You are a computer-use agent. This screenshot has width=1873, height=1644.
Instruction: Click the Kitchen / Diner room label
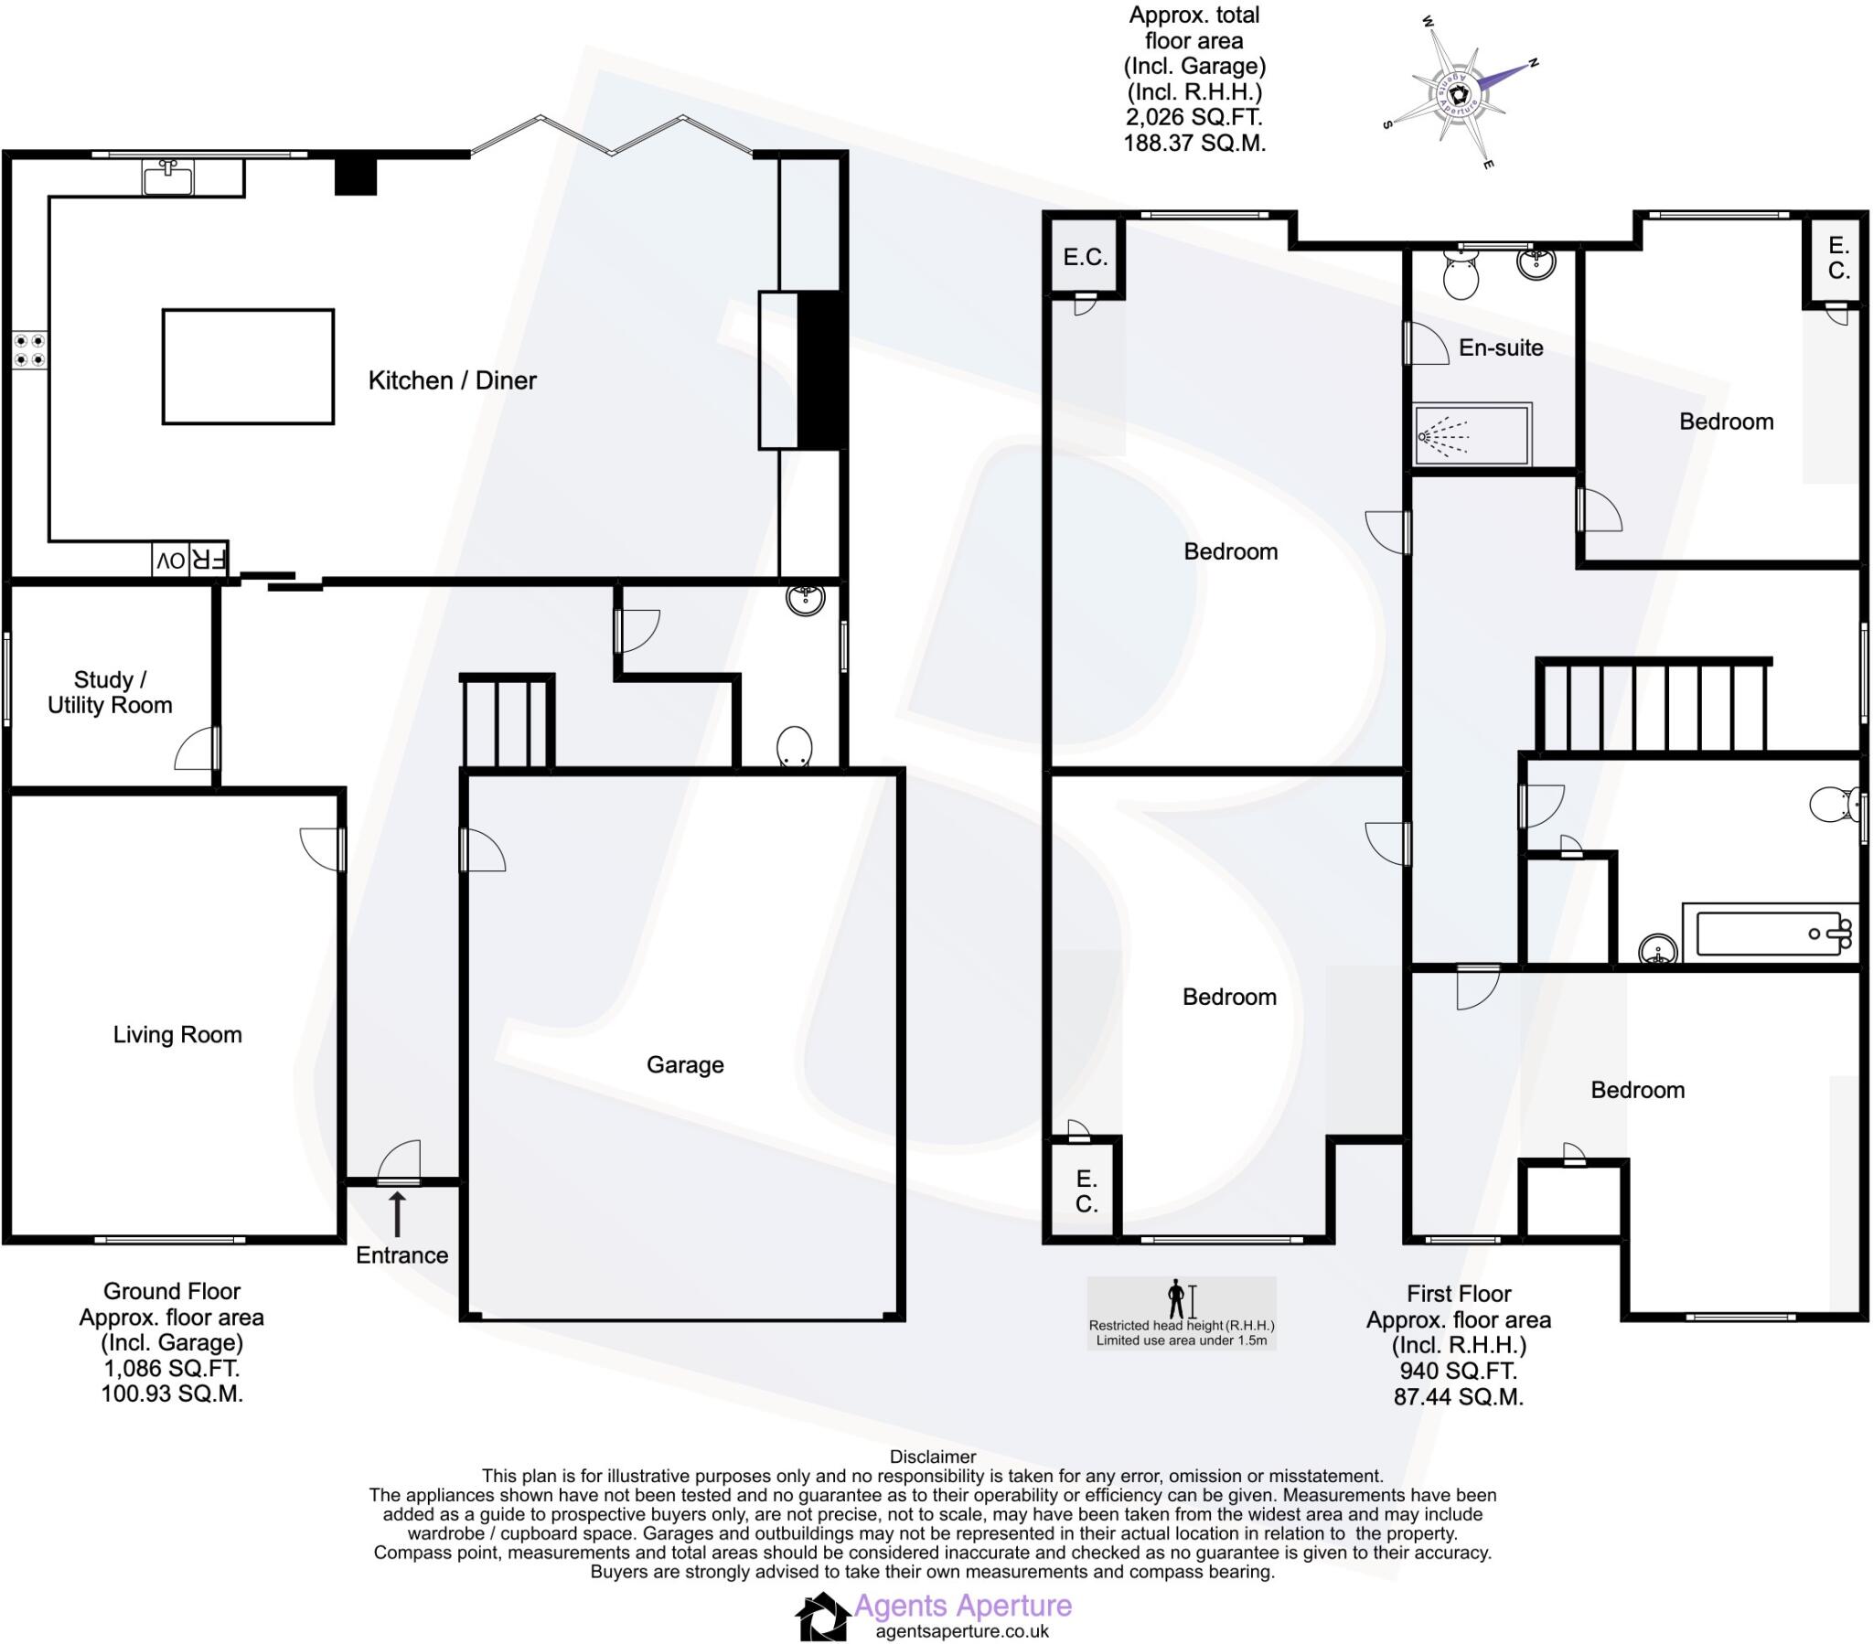(x=452, y=380)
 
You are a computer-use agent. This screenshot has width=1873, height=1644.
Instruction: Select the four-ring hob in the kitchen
(x=29, y=350)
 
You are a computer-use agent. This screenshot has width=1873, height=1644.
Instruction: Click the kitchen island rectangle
(x=248, y=367)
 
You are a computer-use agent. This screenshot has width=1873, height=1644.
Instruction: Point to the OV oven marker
(x=170, y=560)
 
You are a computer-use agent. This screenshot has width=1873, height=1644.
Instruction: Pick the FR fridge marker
(x=207, y=560)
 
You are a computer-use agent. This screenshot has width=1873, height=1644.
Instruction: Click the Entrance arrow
(x=397, y=1214)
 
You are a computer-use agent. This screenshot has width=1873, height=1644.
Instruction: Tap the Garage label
(x=684, y=1064)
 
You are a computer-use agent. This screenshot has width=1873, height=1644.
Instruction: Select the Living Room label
(x=177, y=1035)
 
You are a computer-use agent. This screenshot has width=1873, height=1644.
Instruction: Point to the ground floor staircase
(x=507, y=722)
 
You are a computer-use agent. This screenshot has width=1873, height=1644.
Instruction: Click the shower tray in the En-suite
(x=1472, y=434)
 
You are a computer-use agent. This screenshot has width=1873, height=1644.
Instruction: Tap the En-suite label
(x=1501, y=347)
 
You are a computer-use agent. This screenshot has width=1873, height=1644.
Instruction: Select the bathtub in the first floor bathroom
(x=1769, y=934)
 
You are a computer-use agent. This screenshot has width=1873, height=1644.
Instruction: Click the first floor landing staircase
(x=1654, y=706)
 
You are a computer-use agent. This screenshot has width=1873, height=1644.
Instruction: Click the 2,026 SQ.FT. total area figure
(x=1193, y=117)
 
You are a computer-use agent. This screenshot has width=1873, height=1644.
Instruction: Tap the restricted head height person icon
(x=1176, y=1298)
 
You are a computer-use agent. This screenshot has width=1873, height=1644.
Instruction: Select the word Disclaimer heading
(x=933, y=1457)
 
